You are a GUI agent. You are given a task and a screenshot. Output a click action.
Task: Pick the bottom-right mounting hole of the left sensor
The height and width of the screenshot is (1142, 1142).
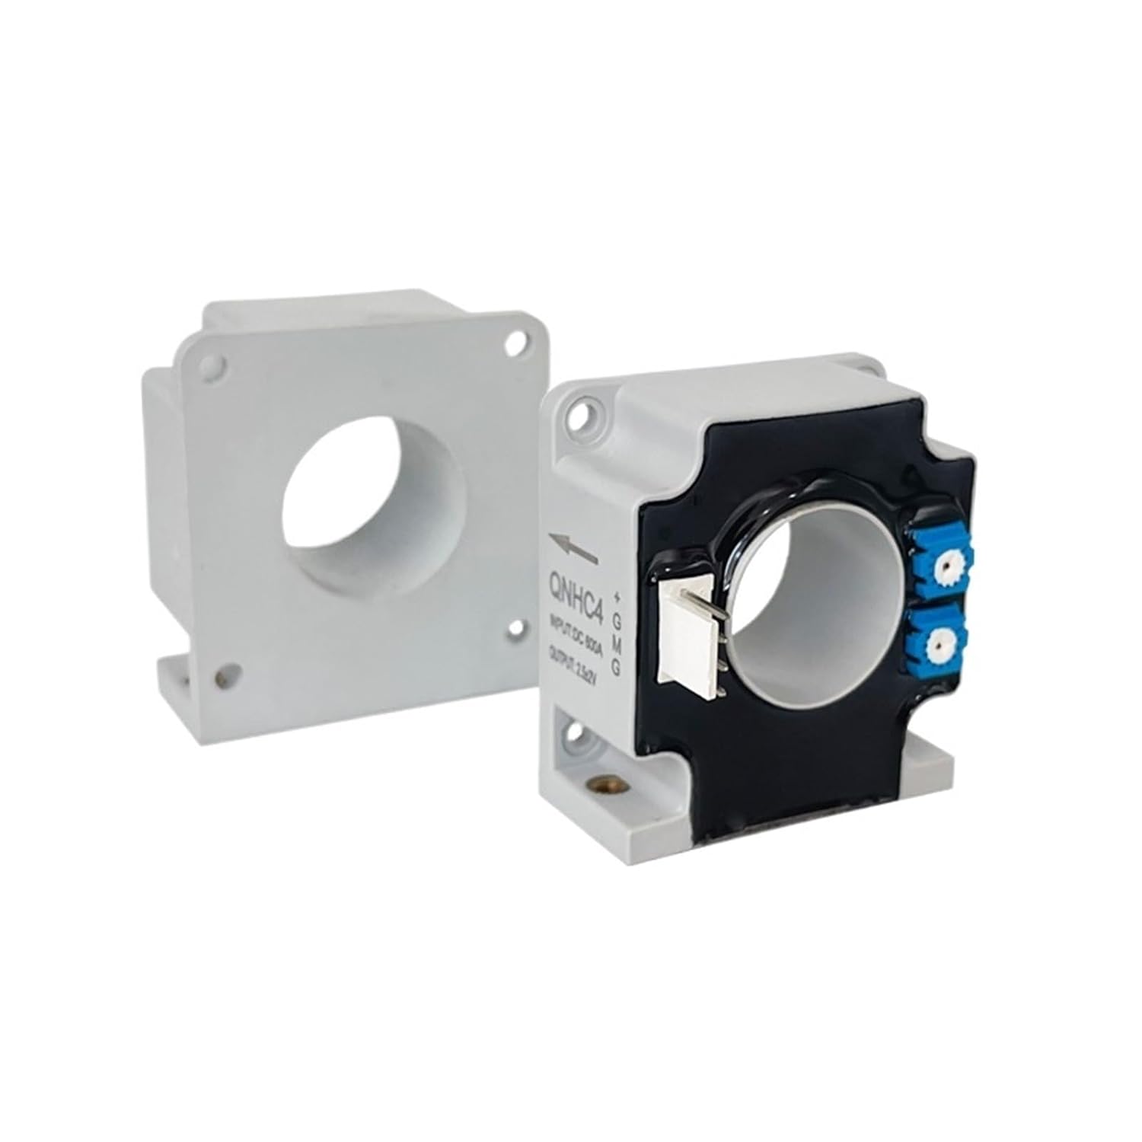[x=516, y=626]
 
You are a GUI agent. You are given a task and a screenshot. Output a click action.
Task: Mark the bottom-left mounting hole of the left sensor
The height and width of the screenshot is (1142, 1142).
[x=225, y=673]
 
